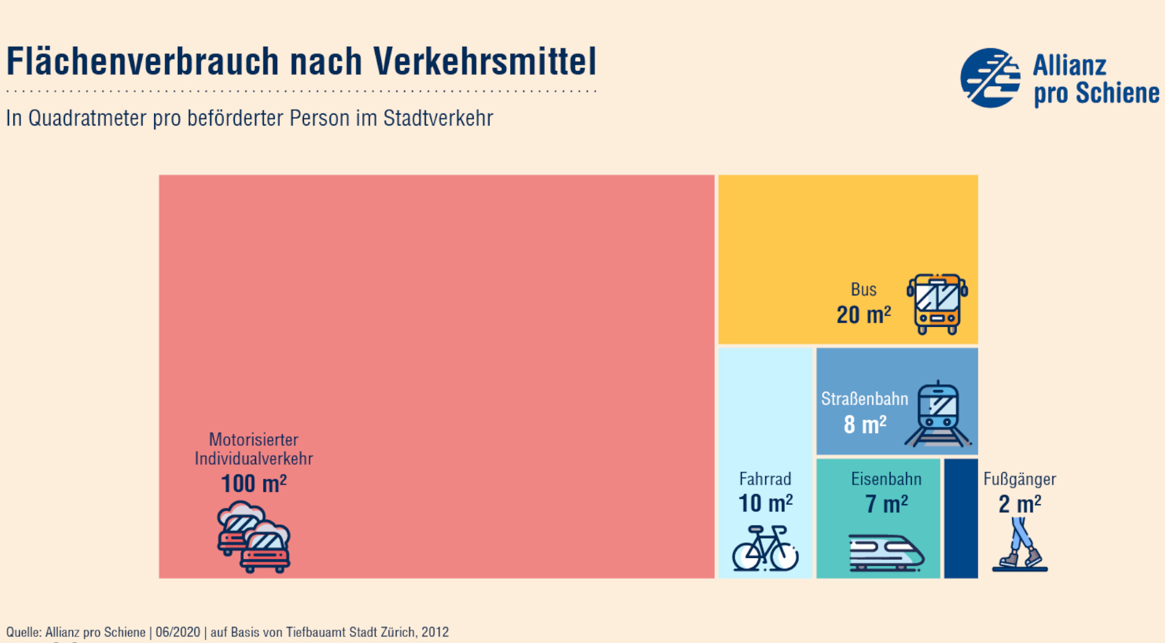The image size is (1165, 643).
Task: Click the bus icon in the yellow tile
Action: pyautogui.click(x=937, y=304)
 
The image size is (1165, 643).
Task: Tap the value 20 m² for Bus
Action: pyautogui.click(x=863, y=315)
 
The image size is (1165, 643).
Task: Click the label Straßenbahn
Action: pyautogui.click(x=865, y=399)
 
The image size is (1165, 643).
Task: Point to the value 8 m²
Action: pyautogui.click(x=865, y=425)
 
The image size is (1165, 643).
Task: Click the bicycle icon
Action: pyautogui.click(x=765, y=548)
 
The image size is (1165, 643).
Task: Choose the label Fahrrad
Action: pyautogui.click(x=765, y=479)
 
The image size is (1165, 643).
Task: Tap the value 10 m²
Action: pyautogui.click(x=765, y=503)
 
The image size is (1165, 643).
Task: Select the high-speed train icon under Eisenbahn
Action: pyautogui.click(x=886, y=552)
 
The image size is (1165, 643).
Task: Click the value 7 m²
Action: pyautogui.click(x=886, y=504)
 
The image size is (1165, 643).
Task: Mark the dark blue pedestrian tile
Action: pyautogui.click(x=961, y=519)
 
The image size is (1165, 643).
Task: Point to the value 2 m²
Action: pyautogui.click(x=1019, y=504)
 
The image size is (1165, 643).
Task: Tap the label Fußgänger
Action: pyautogui.click(x=1019, y=479)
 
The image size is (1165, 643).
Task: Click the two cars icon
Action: pyautogui.click(x=254, y=537)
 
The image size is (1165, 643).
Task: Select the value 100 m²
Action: pyautogui.click(x=254, y=484)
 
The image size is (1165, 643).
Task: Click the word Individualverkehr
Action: pyautogui.click(x=254, y=459)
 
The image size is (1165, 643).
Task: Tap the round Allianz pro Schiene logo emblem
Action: pyautogui.click(x=990, y=78)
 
